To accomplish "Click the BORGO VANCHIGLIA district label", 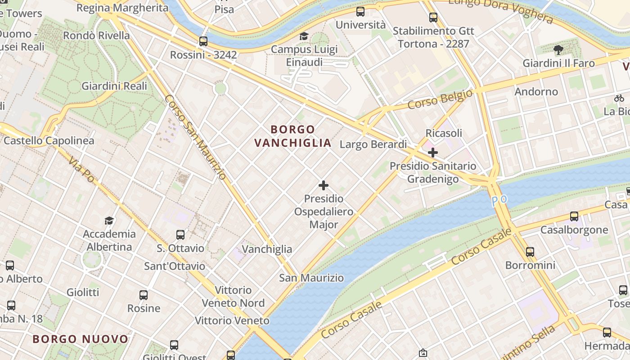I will [293, 136].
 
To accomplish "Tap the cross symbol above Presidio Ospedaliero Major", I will [323, 185].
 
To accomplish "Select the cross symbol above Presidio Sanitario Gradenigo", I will [432, 153].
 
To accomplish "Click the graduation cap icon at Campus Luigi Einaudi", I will [304, 36].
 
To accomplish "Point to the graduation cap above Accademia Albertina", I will [109, 220].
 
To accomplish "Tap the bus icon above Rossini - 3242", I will [203, 41].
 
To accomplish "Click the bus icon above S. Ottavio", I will [180, 234].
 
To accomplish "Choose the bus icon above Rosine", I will [144, 295].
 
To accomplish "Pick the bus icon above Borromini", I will [530, 252].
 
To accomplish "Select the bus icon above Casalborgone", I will [574, 216].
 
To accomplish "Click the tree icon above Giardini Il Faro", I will [558, 50].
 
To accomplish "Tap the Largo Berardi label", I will [373, 144].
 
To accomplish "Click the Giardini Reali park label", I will [114, 86].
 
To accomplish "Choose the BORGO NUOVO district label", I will [81, 339].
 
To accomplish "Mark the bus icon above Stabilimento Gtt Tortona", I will [433, 18].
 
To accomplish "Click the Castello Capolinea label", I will [49, 141].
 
